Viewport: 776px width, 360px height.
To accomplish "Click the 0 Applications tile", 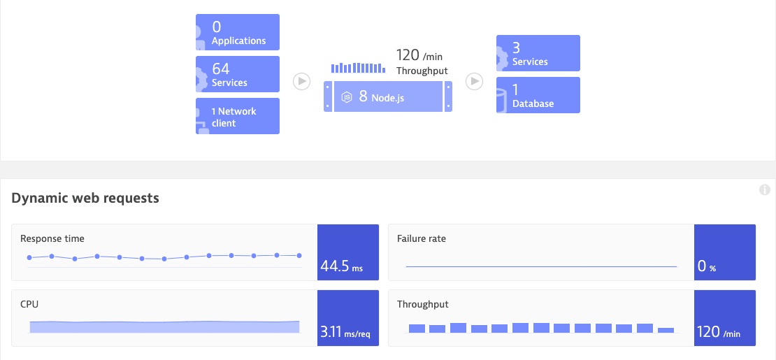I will pos(238,32).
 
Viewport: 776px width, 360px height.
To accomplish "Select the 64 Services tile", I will pos(238,74).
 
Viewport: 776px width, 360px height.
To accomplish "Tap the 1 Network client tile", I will pos(238,116).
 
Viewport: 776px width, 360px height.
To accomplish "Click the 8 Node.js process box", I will pos(388,96).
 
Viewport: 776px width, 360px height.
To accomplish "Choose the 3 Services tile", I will pos(538,53).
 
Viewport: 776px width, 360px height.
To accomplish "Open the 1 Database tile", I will pos(538,95).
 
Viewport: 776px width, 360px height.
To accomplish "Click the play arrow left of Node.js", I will pos(301,82).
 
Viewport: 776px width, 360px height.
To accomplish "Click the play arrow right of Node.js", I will pos(475,82).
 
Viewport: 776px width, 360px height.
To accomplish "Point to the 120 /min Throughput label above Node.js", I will pos(422,62).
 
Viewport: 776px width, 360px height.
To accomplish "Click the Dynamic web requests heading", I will pos(85,199).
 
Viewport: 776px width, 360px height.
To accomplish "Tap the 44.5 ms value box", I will pos(347,252).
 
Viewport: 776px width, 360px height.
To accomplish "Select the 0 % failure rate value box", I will pos(724,252).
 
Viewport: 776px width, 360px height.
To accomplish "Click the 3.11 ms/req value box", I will pos(347,318).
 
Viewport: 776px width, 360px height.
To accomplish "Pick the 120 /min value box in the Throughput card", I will pos(724,318).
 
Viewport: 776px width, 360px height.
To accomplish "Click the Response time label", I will pos(52,239).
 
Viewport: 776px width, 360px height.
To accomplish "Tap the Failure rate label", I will pos(422,239).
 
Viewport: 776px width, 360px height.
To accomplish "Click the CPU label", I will pos(29,305).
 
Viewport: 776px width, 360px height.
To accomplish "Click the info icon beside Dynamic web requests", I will pos(764,190).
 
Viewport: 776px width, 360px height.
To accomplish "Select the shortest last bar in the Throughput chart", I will pos(666,330).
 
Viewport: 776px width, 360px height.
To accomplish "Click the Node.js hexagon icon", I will pos(346,97).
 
